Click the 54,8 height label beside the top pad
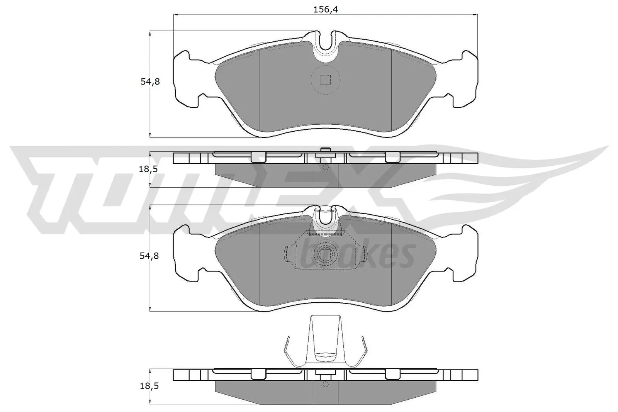tap(149, 82)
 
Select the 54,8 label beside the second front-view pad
tap(149, 256)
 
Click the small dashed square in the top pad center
tap(326, 80)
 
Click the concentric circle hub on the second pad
tap(326, 254)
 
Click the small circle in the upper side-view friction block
tap(325, 168)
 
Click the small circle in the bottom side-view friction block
tap(325, 385)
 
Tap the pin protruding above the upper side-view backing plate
tap(326, 150)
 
